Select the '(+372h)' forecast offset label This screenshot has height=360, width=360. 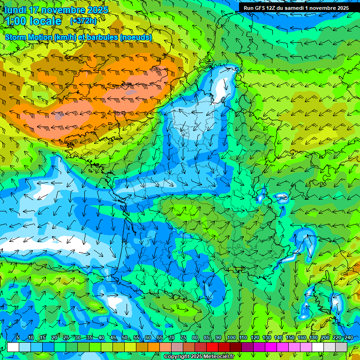pos(83,21)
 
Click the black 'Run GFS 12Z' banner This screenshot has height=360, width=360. pos(296,8)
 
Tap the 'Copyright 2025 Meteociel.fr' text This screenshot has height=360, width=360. pos(199,357)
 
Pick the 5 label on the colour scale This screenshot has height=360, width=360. pos(18,337)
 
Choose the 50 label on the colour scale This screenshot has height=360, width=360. pos(124,337)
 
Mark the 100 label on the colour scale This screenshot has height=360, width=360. pos(231,337)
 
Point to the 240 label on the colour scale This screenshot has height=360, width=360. pos(348,337)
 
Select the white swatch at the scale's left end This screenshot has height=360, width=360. pos(13,347)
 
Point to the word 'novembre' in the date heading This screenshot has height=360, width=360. pos(66,10)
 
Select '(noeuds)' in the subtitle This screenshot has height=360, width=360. pos(136,37)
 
